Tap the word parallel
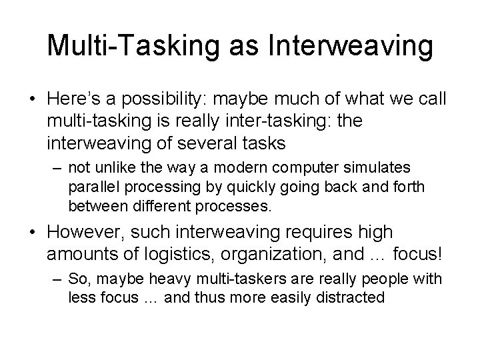coord(93,188)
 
